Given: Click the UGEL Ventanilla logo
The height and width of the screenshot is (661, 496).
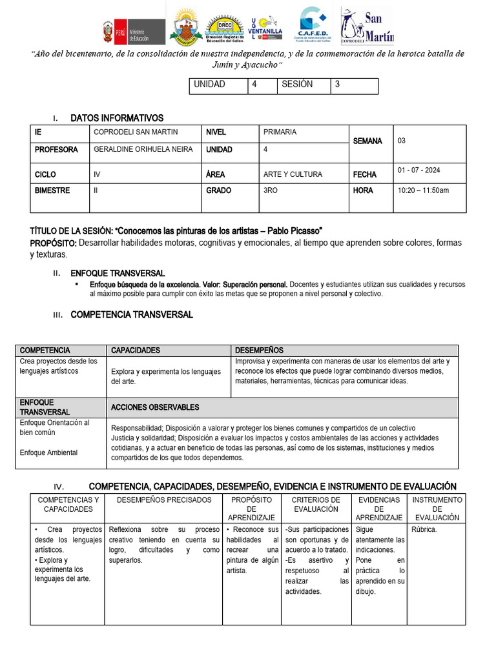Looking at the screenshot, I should click(x=264, y=26).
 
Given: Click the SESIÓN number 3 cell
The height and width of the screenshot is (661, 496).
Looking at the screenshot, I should click(x=355, y=85).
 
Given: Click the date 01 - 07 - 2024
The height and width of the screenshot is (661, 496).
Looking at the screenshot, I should click(x=418, y=170).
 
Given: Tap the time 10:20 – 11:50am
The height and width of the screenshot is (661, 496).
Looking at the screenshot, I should click(x=423, y=190).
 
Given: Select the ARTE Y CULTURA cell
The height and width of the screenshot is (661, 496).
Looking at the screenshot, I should click(x=293, y=174).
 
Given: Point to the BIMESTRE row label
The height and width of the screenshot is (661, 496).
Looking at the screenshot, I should click(x=52, y=190).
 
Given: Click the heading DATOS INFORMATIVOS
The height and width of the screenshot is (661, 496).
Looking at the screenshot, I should click(x=117, y=118).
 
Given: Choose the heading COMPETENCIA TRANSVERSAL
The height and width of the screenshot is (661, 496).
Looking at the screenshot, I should click(x=131, y=315).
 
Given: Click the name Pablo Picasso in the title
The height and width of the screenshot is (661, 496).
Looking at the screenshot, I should click(x=296, y=231).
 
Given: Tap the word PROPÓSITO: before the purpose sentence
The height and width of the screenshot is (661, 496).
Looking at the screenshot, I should click(x=54, y=243).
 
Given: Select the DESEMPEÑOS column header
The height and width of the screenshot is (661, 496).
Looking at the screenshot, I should click(x=259, y=351).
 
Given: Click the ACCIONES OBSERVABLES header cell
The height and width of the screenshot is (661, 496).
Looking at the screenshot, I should click(x=155, y=407).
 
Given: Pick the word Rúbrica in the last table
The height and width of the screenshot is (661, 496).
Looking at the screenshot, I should click(x=424, y=530).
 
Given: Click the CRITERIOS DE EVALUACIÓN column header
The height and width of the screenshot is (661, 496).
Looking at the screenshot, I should click(x=316, y=504).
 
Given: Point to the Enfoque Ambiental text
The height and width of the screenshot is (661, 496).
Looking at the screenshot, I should click(x=48, y=453).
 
